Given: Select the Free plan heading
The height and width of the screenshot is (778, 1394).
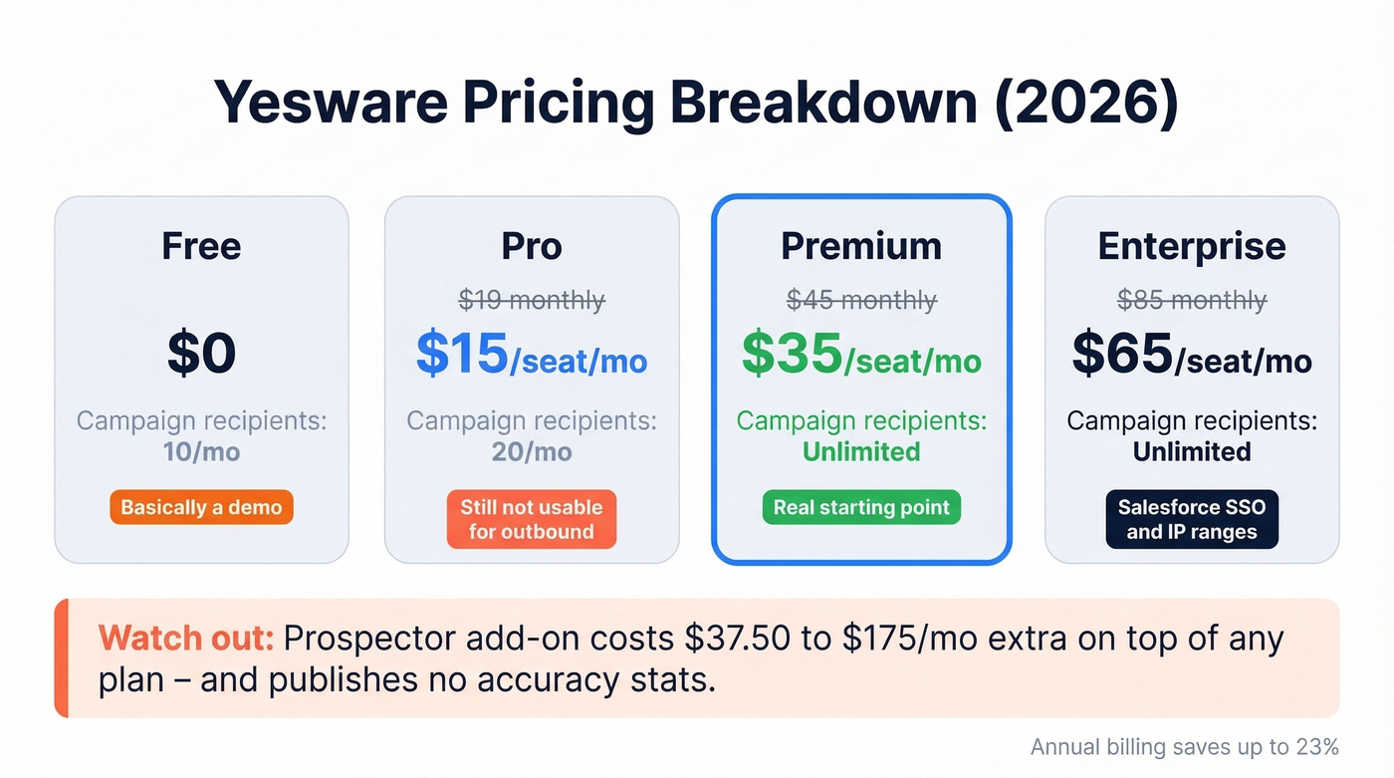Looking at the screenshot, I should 201,246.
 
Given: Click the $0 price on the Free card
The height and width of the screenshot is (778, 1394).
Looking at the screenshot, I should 201,354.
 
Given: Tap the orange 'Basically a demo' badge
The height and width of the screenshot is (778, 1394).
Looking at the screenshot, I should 201,507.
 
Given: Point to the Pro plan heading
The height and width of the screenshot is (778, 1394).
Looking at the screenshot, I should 532,246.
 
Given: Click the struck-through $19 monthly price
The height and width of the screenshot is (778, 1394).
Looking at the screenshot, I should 532,300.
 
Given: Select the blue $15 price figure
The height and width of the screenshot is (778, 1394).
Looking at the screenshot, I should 462,354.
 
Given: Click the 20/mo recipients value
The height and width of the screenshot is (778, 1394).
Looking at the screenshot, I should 532,452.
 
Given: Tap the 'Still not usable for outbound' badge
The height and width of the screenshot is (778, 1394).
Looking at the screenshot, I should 532,519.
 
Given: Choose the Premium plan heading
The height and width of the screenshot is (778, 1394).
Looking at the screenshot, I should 861,246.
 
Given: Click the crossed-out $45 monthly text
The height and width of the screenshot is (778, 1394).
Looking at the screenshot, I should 861,300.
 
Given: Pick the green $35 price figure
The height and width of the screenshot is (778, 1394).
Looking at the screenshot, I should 792,356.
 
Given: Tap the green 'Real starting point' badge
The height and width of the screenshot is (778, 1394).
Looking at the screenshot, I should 861,507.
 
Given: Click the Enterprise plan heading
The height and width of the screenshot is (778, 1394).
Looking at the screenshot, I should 1192,246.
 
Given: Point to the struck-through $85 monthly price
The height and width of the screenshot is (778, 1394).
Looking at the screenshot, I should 1192,300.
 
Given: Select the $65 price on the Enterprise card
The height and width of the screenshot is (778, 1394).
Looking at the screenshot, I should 1122,354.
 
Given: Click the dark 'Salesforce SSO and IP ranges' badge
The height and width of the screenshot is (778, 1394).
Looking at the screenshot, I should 1192,519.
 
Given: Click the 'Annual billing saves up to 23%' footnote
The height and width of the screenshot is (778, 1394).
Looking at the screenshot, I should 1184,747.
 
